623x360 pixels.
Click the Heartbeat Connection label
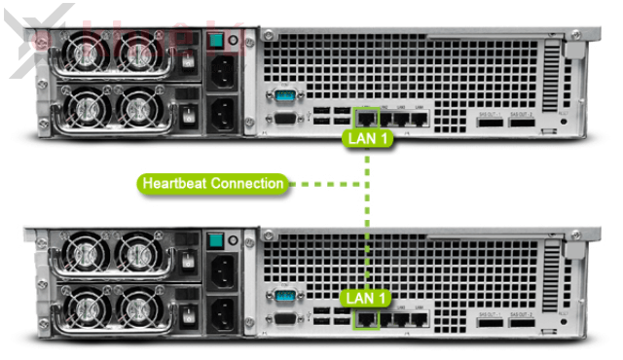coord(213,183)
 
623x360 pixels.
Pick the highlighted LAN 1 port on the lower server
coord(366,317)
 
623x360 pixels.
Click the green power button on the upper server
coord(217,41)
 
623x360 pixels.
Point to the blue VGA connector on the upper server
coord(285,96)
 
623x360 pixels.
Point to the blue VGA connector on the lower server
coord(285,296)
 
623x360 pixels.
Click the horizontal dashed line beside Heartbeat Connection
coord(327,183)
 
